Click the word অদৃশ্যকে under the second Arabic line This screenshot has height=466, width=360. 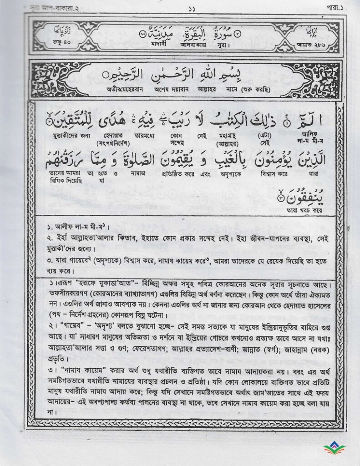pos(221,173)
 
